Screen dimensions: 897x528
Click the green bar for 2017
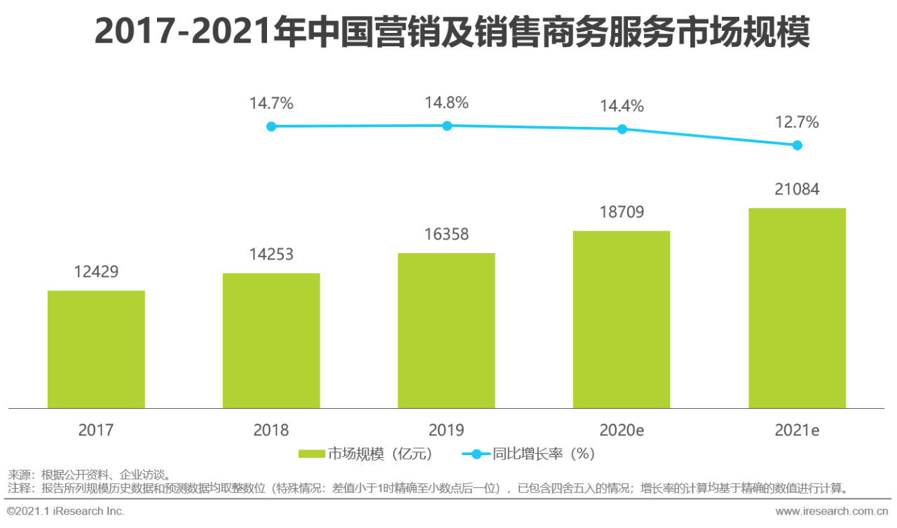click(96, 349)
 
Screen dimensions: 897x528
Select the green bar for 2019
click(446, 330)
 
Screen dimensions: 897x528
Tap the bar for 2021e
click(797, 308)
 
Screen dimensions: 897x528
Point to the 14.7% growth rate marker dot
click(271, 127)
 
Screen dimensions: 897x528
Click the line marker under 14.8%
click(447, 126)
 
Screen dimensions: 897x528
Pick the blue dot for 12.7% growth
click(797, 145)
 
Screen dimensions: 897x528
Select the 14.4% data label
click(622, 106)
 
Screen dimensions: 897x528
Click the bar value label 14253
click(271, 255)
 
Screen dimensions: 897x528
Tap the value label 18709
click(622, 212)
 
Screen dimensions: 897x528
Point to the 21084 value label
click(797, 189)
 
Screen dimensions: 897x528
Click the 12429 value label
click(97, 272)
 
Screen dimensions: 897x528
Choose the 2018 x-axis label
click(271, 431)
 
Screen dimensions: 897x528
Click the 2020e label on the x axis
click(622, 431)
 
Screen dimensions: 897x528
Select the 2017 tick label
click(96, 431)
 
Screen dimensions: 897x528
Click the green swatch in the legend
click(312, 454)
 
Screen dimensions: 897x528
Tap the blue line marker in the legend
click(477, 454)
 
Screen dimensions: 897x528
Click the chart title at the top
click(453, 32)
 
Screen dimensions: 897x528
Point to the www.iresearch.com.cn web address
click(832, 511)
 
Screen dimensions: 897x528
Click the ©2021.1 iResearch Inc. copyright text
click(65, 511)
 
